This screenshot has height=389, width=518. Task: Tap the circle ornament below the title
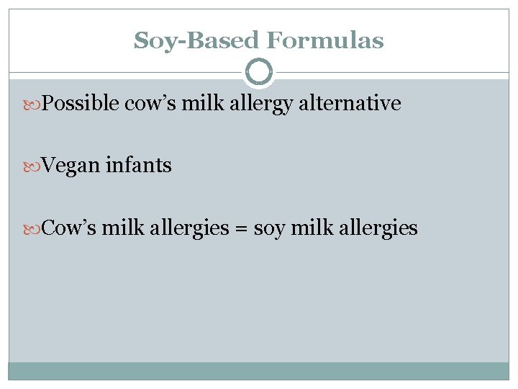(259, 72)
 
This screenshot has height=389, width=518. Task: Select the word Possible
(81, 104)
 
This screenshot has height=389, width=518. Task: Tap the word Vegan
(71, 166)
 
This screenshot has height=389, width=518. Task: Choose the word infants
(139, 166)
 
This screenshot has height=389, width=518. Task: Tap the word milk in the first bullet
(193, 104)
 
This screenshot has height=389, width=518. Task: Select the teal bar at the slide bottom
(259, 370)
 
